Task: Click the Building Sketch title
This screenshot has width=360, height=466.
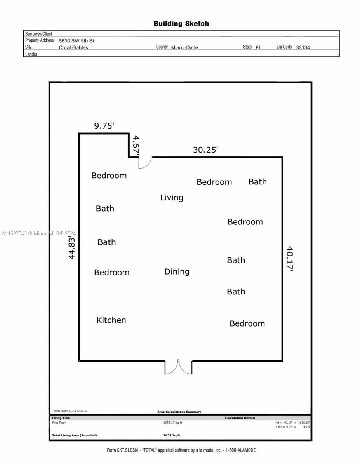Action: [x=181, y=24]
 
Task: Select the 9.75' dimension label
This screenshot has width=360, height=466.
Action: [x=104, y=126]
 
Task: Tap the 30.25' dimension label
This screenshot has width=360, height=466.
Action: [x=205, y=150]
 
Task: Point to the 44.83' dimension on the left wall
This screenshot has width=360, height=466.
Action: [x=71, y=249]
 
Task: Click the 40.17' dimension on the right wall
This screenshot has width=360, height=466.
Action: [x=290, y=259]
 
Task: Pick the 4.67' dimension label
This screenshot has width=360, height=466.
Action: [x=136, y=146]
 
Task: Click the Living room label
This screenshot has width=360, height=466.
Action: [x=172, y=198]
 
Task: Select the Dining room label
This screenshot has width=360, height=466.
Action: [x=177, y=272]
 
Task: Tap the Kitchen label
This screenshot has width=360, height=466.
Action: [x=111, y=320]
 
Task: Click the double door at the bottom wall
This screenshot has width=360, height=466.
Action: [x=178, y=367]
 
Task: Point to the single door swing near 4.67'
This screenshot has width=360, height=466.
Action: [x=145, y=162]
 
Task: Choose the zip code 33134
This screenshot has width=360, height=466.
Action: [x=303, y=47]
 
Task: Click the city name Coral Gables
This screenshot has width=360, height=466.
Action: [x=73, y=47]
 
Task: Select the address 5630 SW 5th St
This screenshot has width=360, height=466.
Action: [x=77, y=40]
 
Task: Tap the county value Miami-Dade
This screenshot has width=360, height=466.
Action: [x=184, y=47]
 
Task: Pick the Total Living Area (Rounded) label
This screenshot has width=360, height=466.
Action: [x=75, y=435]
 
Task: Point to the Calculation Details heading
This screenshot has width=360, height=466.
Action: [x=240, y=418]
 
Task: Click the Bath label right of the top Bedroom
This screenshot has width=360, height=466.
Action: [x=257, y=182]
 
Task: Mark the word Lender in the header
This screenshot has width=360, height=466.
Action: [x=31, y=54]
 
